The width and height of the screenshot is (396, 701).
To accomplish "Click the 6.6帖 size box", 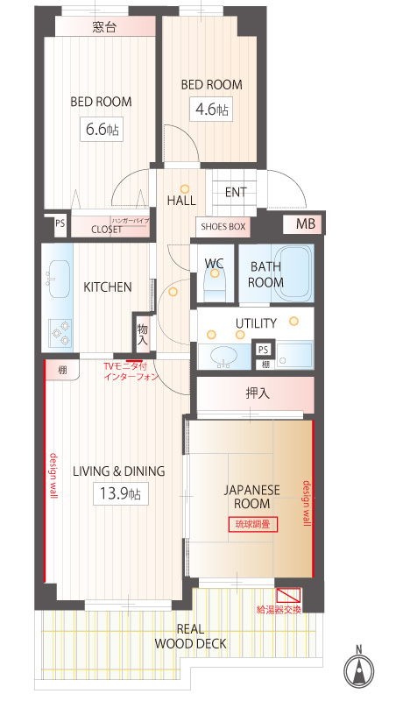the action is tap(102, 129).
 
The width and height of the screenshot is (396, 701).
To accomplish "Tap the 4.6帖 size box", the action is tap(211, 109).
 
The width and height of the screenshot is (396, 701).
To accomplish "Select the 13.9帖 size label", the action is tap(121, 493).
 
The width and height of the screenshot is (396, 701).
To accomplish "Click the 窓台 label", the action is tap(104, 27).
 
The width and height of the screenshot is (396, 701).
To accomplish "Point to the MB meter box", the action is tap(306, 224).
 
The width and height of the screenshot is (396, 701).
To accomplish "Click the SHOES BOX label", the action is tap(223, 227).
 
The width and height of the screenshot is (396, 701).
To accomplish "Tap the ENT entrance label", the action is tap(236, 192).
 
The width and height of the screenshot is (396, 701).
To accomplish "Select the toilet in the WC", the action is tap(215, 282).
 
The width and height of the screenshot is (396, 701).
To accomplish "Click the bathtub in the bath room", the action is tap(294, 273).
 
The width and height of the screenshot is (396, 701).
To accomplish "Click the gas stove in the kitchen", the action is tap(60, 334).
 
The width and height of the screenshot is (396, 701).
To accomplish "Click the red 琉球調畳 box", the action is tap(253, 524).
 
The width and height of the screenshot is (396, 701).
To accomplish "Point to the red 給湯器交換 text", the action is tap(279, 609).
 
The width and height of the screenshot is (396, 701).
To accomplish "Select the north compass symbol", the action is tap(359, 669).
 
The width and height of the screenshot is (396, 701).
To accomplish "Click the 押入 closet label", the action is tap(258, 393).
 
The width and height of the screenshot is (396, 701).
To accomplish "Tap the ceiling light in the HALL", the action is tap(185, 188).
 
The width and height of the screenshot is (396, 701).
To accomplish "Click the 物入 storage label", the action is tap(143, 335).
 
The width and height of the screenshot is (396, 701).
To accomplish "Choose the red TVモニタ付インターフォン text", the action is tap(131, 371).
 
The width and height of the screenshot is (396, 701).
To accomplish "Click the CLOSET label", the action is tap(106, 230).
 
